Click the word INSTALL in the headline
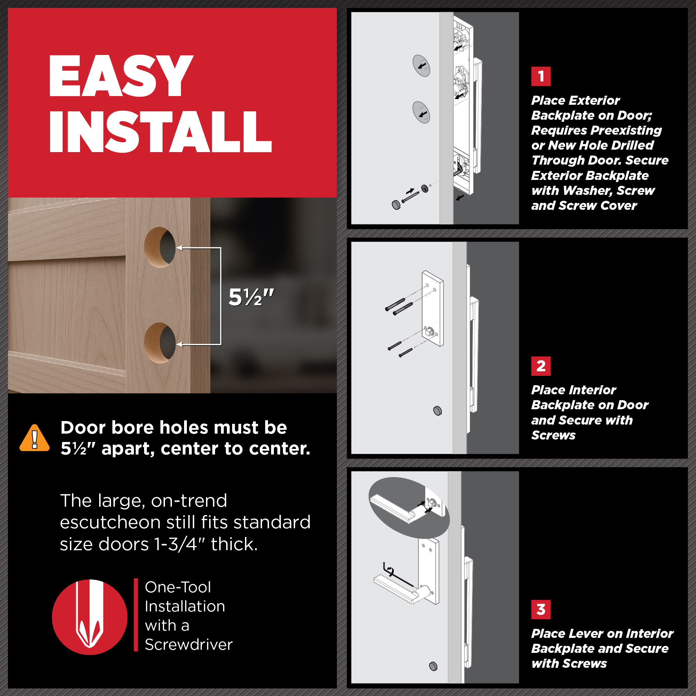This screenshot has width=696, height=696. [x=161, y=132]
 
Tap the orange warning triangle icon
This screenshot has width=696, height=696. [x=34, y=438]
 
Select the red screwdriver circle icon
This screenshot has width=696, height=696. [x=90, y=617]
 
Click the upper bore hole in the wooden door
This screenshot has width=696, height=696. [x=160, y=247]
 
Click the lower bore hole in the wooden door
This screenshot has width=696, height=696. [x=160, y=342]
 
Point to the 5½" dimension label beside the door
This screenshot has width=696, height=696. [x=251, y=298]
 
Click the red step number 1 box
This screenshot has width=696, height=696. [x=541, y=76]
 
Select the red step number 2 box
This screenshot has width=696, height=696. [x=541, y=366]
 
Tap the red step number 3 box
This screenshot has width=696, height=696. [x=541, y=610]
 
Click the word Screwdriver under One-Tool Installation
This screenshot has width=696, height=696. [x=189, y=644]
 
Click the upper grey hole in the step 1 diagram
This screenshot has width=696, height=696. [x=421, y=65]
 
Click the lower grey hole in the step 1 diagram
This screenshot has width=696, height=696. [x=421, y=112]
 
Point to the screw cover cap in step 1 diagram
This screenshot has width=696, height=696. [x=396, y=205]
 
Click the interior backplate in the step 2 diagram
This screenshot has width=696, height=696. [x=433, y=308]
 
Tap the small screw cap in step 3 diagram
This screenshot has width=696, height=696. [x=433, y=666]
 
